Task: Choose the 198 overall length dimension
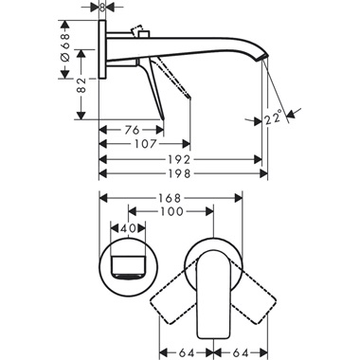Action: coord(186,175)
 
